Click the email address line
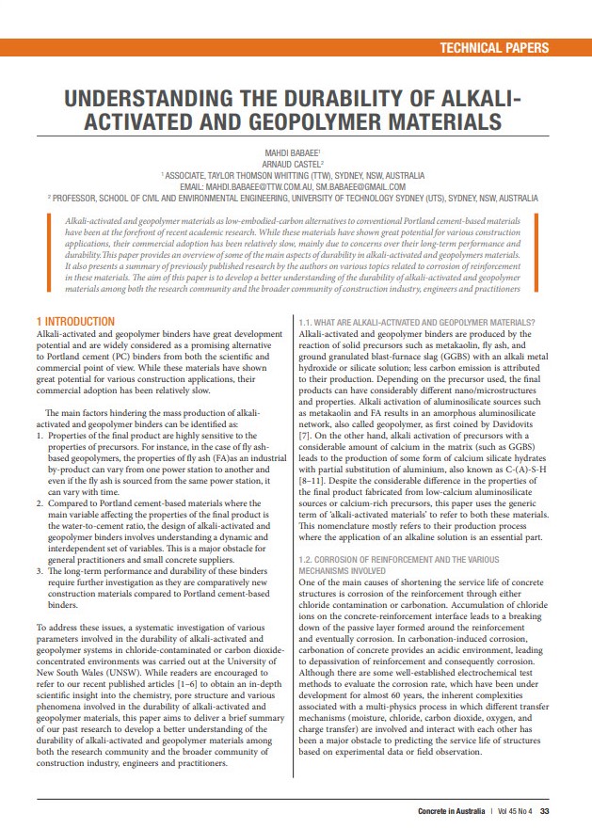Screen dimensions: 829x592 click(x=296, y=186)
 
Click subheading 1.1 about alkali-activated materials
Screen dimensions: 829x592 click(x=416, y=322)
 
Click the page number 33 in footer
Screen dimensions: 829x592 click(x=545, y=811)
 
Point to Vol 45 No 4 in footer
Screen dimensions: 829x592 click(x=514, y=811)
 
